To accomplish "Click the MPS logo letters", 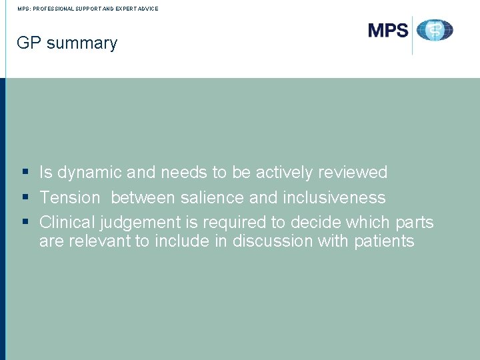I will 388,30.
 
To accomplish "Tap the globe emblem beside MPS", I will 435,31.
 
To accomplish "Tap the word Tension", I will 69,198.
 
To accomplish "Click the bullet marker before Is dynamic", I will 25,173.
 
